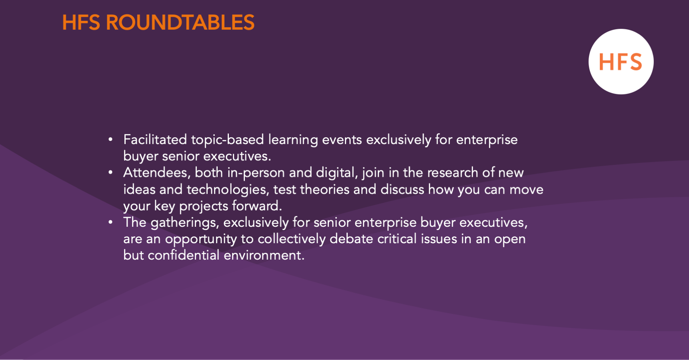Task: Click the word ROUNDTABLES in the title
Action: pyautogui.click(x=180, y=22)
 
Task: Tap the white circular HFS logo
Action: pyautogui.click(x=621, y=62)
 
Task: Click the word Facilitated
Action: pyautogui.click(x=155, y=140)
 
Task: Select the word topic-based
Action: pyautogui.click(x=227, y=140)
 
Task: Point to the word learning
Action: pyautogui.click(x=293, y=140)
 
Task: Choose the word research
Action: pyautogui.click(x=453, y=173)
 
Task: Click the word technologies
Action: pyautogui.click(x=227, y=190)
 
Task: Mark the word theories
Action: pyautogui.click(x=324, y=189)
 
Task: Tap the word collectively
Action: pyautogui.click(x=292, y=239)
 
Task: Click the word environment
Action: pyautogui.click(x=264, y=255)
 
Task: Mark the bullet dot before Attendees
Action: pyautogui.click(x=110, y=173)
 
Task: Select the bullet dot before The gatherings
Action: pyautogui.click(x=110, y=222)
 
